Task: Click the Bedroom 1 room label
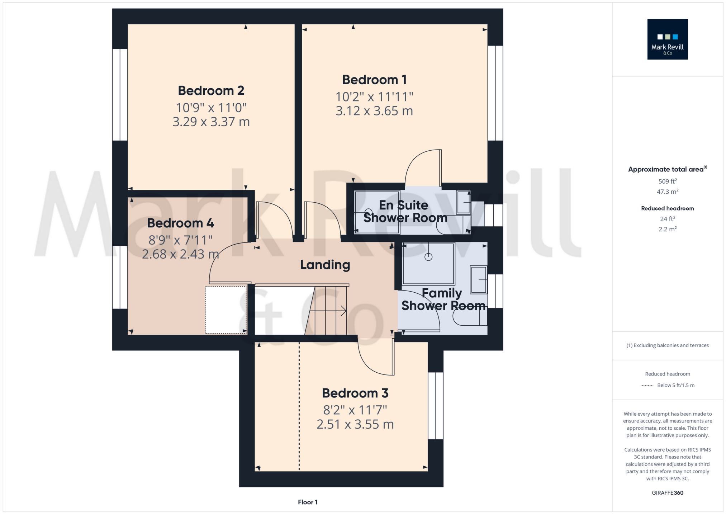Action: coord(374,80)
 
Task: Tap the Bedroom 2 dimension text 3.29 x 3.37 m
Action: coord(211,122)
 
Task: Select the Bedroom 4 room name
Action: coord(181,223)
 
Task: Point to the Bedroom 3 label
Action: coord(355,393)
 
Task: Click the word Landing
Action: coord(325,265)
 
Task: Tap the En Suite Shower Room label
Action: coord(405,211)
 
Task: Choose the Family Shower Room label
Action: coord(443,299)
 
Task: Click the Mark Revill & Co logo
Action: coord(668,39)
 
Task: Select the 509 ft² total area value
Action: coord(668,181)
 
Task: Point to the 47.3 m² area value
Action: coord(668,192)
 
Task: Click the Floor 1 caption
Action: coord(308,502)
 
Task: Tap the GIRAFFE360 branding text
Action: coord(668,493)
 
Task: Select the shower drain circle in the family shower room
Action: coord(428,257)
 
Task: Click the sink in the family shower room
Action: coord(479,280)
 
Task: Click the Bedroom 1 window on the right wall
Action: coord(495,93)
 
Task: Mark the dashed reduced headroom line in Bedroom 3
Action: coord(299,406)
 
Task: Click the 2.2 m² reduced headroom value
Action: coord(668,229)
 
